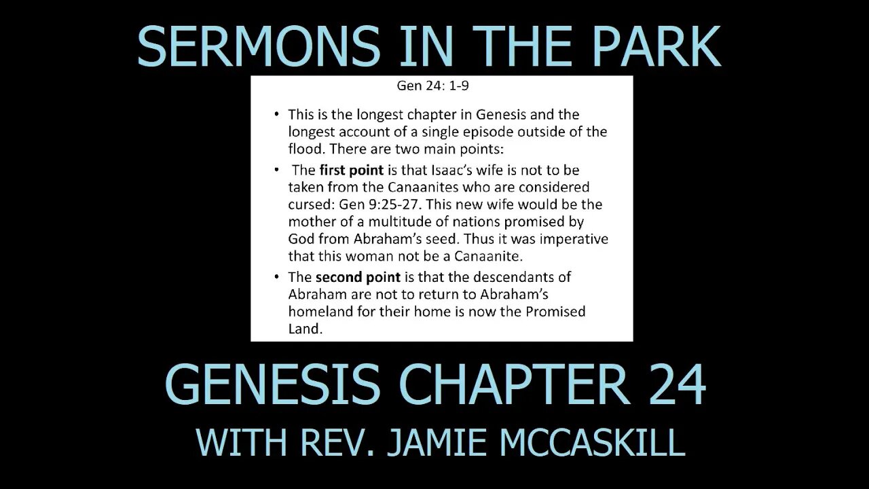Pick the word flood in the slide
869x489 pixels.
point(304,149)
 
